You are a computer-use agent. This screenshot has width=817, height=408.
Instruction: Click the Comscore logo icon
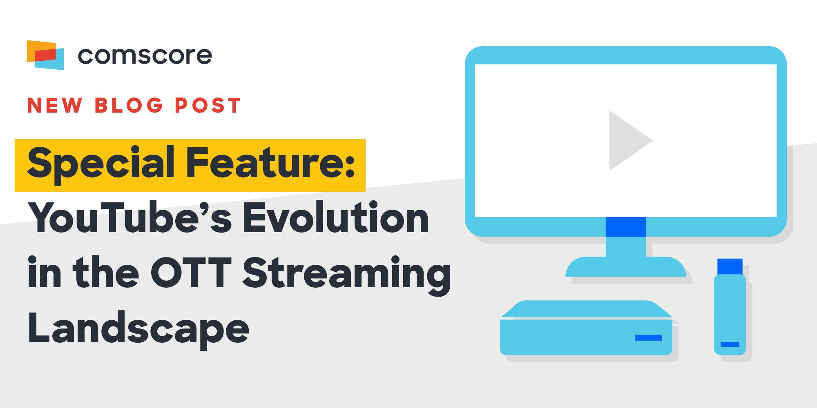point(45,55)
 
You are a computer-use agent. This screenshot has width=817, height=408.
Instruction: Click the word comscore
point(145,55)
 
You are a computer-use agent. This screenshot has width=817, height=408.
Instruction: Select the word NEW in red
point(55,105)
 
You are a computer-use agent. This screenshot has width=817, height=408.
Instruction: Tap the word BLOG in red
point(129,105)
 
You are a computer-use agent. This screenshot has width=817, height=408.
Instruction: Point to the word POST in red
point(208,105)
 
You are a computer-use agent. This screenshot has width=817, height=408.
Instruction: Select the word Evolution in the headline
point(336,218)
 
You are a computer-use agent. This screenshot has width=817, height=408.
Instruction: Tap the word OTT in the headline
point(191,273)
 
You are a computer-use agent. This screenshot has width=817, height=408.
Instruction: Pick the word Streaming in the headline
point(347,275)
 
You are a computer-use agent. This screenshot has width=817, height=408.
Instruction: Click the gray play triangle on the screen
point(627,140)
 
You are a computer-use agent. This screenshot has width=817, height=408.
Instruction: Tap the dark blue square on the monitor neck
point(626,227)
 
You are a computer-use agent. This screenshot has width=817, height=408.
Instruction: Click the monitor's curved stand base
point(626,267)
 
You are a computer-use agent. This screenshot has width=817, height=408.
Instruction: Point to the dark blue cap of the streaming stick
point(730,266)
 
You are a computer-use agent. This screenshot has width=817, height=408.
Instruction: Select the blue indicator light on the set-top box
point(648,338)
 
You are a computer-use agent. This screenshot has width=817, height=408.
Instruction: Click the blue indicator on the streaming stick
point(730,344)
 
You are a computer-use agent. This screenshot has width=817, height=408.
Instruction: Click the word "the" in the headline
point(106,273)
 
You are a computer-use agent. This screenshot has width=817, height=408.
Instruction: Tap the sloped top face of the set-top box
point(586,309)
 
